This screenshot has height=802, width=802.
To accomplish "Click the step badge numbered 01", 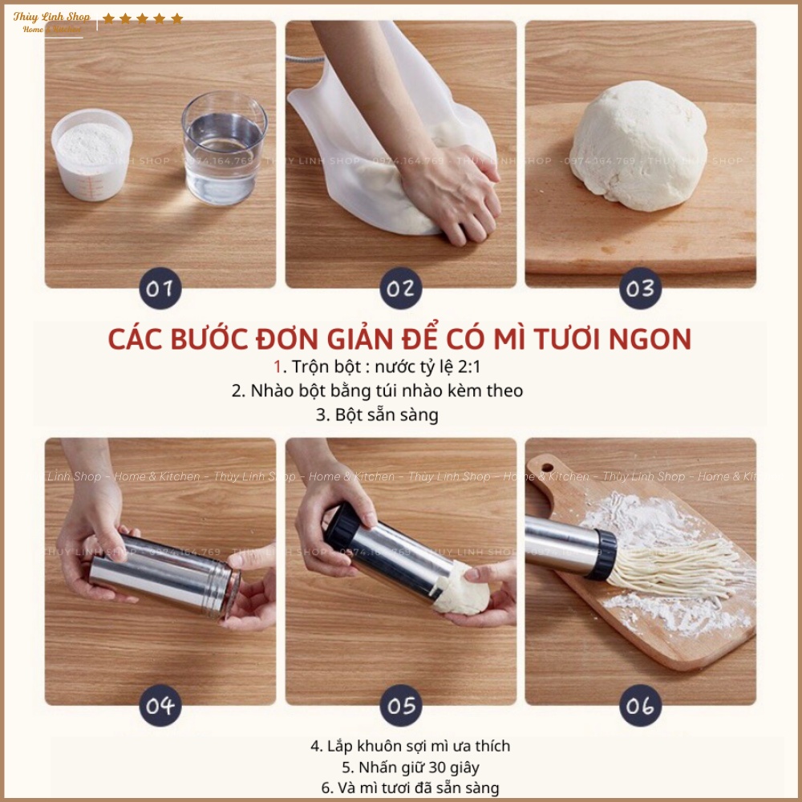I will coord(160,288).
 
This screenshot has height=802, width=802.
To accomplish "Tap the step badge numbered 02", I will coord(400,288).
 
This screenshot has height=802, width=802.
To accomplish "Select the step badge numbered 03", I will coord(640,288).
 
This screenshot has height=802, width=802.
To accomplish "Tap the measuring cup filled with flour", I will coord(91,153).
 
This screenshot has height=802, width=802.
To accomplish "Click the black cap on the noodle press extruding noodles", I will coord(602,555).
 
